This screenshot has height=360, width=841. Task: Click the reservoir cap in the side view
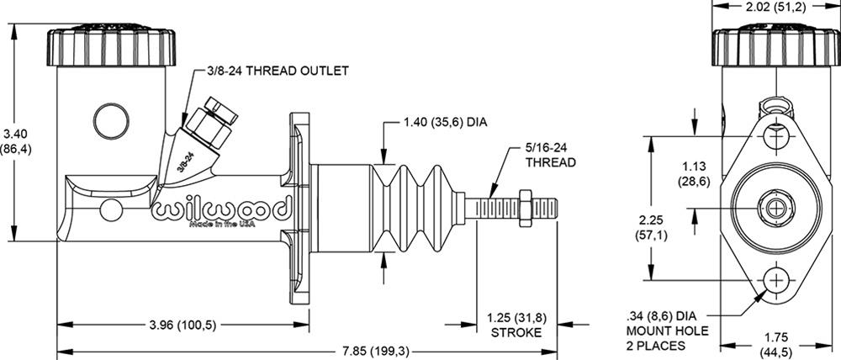111,48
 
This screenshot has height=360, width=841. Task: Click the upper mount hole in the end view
775,135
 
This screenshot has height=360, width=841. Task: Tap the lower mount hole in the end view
775,280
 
